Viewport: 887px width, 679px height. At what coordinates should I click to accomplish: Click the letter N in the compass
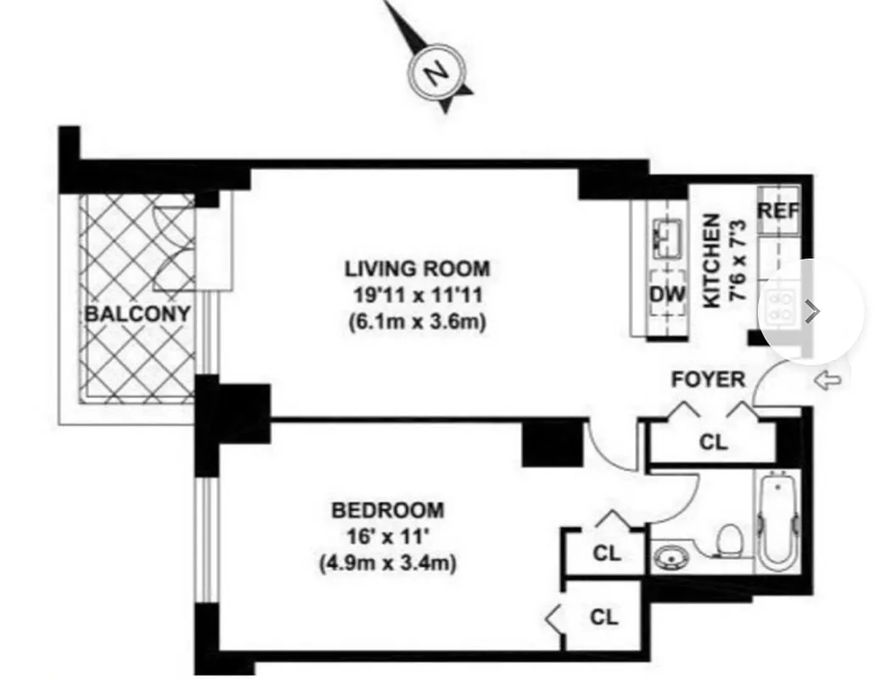click(x=437, y=73)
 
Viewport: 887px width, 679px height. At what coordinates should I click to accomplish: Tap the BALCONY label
click(x=137, y=313)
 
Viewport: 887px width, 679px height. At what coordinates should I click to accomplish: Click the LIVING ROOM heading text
click(x=417, y=269)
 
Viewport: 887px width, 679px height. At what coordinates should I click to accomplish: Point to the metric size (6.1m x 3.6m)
click(x=417, y=323)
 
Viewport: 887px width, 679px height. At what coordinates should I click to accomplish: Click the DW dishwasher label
click(x=666, y=295)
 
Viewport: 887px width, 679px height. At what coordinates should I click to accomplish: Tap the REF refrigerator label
click(x=778, y=210)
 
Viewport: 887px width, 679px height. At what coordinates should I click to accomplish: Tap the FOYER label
click(x=708, y=379)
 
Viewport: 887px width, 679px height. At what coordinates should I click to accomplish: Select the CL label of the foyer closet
click(x=713, y=442)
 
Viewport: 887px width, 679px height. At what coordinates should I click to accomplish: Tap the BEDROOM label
click(x=387, y=510)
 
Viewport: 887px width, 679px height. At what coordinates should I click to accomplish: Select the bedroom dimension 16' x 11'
click(x=387, y=536)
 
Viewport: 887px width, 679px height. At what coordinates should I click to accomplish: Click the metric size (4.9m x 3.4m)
click(x=387, y=563)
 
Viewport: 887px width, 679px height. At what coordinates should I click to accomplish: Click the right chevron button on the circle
click(x=812, y=311)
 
